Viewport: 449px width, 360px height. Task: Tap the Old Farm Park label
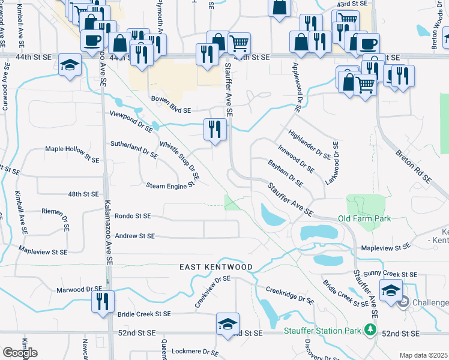[364, 218]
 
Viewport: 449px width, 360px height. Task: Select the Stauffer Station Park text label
[324, 330]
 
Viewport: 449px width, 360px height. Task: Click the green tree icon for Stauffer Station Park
[371, 329]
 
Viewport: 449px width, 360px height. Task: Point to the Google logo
[20, 353]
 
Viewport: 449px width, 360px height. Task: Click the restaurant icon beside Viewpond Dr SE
[214, 129]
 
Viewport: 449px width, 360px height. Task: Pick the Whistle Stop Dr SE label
[179, 162]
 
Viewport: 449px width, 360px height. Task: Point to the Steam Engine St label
[171, 185]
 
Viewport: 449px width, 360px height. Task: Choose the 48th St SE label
[83, 194]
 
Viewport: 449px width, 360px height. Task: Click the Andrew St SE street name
[134, 236]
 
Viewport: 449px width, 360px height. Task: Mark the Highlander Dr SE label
[309, 144]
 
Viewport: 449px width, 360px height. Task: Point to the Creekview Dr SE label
[212, 292]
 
